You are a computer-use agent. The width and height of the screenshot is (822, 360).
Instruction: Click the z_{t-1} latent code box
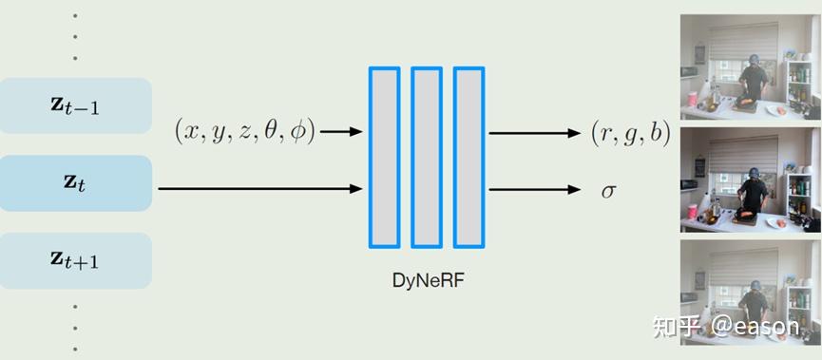pyautogui.click(x=76, y=105)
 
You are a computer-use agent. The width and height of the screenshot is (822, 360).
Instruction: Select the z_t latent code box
pyautogui.click(x=76, y=183)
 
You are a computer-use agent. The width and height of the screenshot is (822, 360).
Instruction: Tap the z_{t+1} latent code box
pyautogui.click(x=76, y=260)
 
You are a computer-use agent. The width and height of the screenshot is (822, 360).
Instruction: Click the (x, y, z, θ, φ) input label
pyautogui.click(x=245, y=131)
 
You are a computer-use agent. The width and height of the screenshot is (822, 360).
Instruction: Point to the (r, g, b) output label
pyautogui.click(x=630, y=133)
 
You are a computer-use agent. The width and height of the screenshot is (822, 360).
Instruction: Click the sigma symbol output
pyautogui.click(x=608, y=189)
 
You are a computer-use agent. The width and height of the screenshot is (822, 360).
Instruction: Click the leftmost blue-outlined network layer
pyautogui.click(x=384, y=158)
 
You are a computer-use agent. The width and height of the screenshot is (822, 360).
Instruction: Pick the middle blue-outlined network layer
pyautogui.click(x=426, y=158)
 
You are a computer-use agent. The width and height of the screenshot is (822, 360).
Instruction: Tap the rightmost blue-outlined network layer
pyautogui.click(x=468, y=158)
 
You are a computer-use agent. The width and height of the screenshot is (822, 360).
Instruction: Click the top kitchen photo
pyautogui.click(x=749, y=65)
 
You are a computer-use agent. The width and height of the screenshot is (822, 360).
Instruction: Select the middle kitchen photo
pyautogui.click(x=749, y=180)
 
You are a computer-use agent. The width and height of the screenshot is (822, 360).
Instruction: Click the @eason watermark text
pyautogui.click(x=755, y=328)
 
